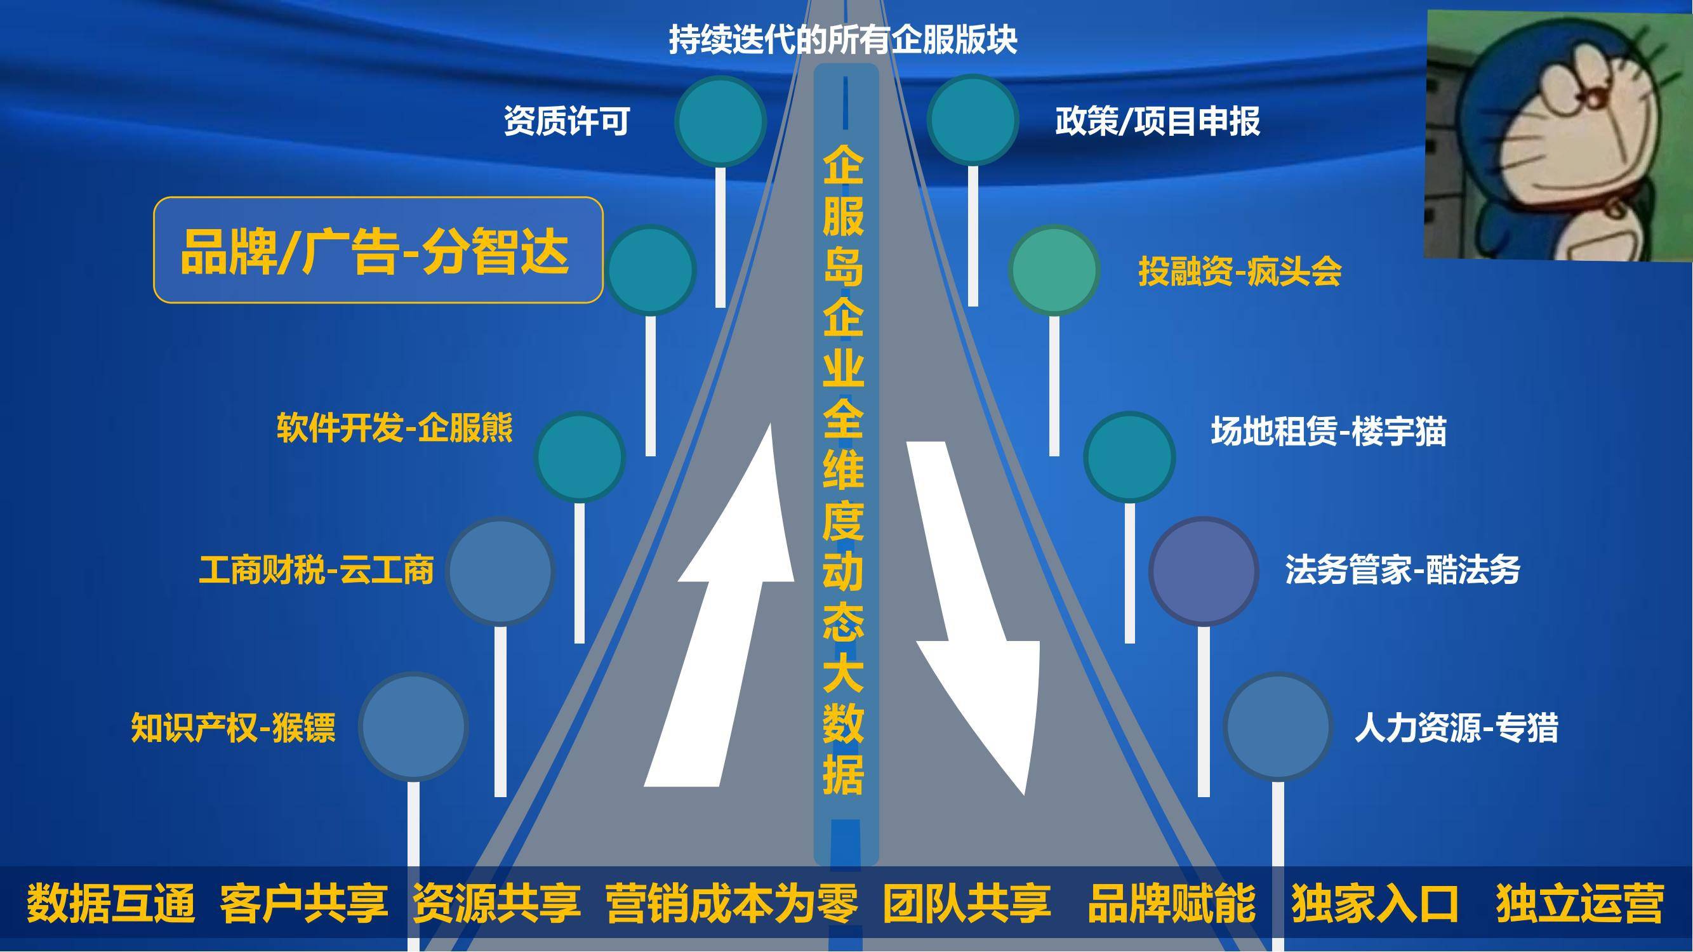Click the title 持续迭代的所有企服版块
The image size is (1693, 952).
(x=843, y=39)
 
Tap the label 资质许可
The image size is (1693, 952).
(x=567, y=121)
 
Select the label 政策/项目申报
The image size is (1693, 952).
(x=1157, y=121)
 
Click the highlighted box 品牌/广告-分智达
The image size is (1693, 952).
(x=378, y=250)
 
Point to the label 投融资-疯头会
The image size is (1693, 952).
(x=1240, y=272)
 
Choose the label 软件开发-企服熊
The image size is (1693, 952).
(x=395, y=428)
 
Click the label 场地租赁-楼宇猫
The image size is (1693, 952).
(x=1329, y=432)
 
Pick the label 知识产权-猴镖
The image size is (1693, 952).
(x=234, y=727)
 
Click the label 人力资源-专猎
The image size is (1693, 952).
(x=1456, y=727)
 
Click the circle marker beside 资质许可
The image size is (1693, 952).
(x=720, y=121)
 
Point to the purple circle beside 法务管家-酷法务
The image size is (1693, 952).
(x=1204, y=571)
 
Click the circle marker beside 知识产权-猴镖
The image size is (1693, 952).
(x=413, y=727)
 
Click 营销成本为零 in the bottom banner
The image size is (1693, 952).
(x=732, y=903)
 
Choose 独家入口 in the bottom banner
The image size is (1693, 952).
(x=1375, y=903)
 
